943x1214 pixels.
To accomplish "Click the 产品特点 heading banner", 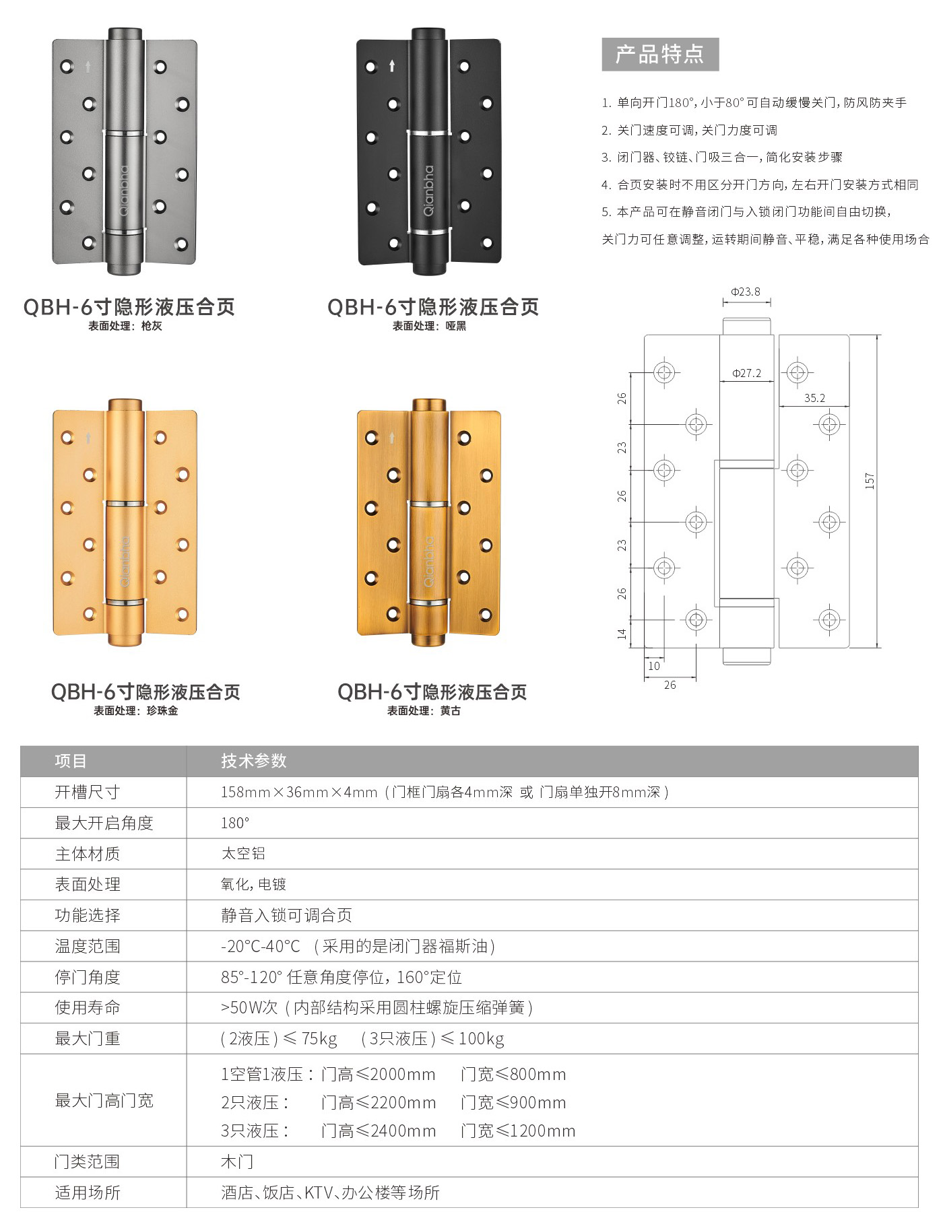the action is [660, 55].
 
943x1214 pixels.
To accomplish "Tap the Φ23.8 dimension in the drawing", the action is [746, 292].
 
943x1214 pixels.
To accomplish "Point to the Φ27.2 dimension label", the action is [746, 373].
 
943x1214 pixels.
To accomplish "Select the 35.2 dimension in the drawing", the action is [814, 398].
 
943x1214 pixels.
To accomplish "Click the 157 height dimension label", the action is [870, 481].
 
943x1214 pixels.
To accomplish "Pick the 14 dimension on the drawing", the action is [622, 634].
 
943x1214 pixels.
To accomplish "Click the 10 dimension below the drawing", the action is [653, 666].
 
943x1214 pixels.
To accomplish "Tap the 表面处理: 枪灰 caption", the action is [125, 326].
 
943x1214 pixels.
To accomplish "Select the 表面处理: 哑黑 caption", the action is [430, 326].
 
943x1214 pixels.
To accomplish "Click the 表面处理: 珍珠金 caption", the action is [136, 710].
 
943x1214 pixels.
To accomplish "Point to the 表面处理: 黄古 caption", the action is [424, 710].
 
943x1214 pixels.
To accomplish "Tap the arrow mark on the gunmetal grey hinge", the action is [88, 67].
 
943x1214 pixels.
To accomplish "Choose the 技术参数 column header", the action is [254, 761].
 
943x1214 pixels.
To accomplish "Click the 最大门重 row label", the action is [88, 1038].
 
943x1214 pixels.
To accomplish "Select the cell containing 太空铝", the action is [243, 853].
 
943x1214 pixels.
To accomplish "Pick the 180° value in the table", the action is [235, 823].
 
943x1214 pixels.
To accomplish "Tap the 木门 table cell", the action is [237, 1161].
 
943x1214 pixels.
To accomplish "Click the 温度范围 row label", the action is [88, 946].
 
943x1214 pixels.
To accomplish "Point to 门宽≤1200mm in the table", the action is [518, 1131].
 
